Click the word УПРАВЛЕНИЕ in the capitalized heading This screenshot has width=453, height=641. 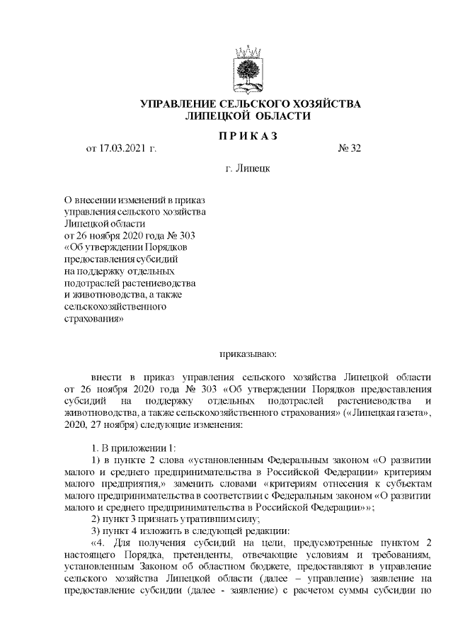click(178, 104)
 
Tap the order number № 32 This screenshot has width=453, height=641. click(350, 149)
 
